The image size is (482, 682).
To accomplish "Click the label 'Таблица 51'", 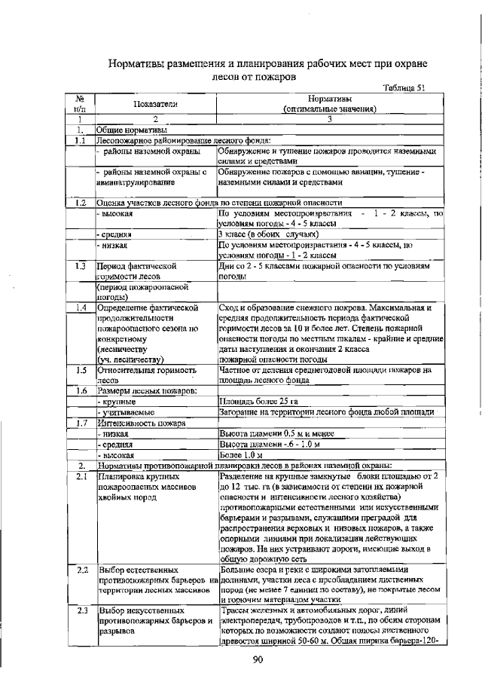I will coord(404,87).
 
